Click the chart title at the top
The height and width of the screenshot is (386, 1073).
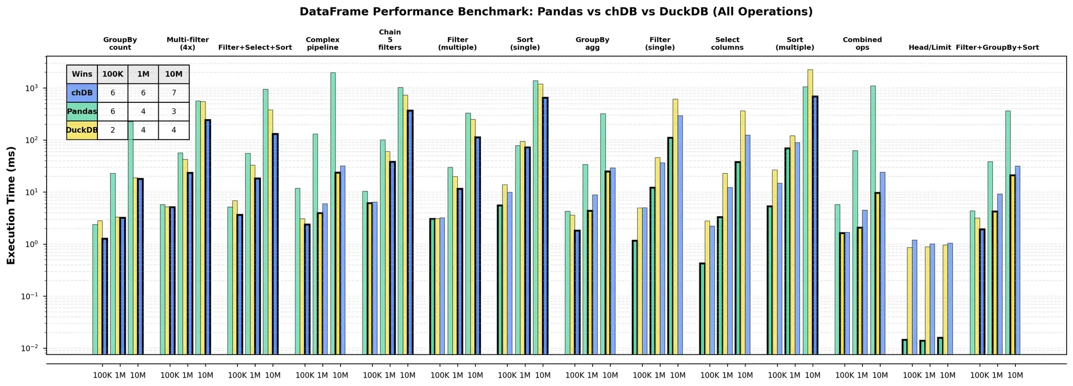pyautogui.click(x=556, y=12)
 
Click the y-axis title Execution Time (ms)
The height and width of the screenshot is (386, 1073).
pyautogui.click(x=11, y=205)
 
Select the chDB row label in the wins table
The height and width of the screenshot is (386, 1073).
pyautogui.click(x=82, y=93)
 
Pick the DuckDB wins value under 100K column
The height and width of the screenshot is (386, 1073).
pyautogui.click(x=113, y=130)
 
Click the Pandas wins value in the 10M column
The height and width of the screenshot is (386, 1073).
pyautogui.click(x=173, y=111)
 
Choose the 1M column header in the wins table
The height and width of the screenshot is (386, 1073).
pyautogui.click(x=143, y=74)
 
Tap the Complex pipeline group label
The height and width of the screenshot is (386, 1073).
pyautogui.click(x=322, y=44)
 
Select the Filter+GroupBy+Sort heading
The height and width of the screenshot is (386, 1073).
pyautogui.click(x=997, y=47)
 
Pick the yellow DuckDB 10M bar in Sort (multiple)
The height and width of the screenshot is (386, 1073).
pyautogui.click(x=810, y=210)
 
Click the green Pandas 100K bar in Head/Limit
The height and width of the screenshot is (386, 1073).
pyautogui.click(x=904, y=347)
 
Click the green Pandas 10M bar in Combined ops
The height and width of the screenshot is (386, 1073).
pyautogui.click(x=873, y=220)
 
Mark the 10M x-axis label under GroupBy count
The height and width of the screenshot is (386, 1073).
pyautogui.click(x=138, y=375)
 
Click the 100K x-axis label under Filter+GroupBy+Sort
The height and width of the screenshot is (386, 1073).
pyautogui.click(x=979, y=375)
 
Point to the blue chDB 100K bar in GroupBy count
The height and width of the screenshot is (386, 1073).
pyautogui.click(x=105, y=296)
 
